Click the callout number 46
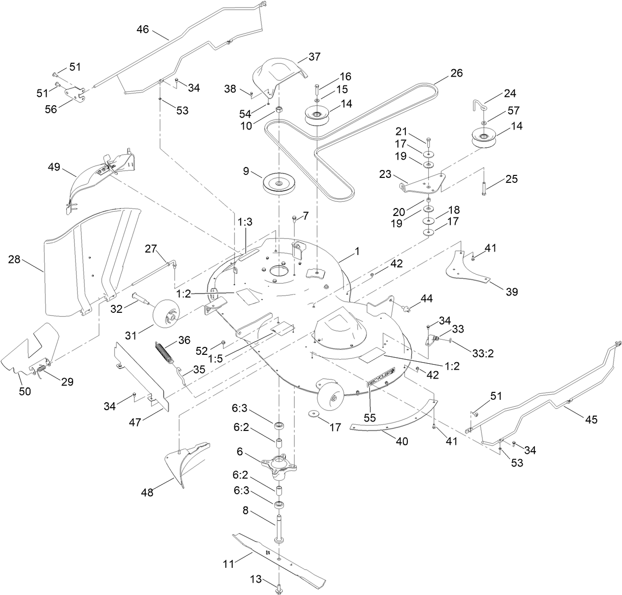(x=142, y=30)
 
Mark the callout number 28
(x=14, y=258)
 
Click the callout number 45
(x=591, y=420)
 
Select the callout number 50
(x=25, y=391)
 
